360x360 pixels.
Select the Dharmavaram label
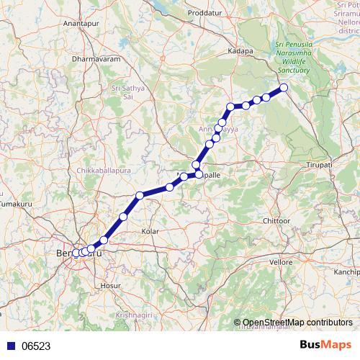point(96,58)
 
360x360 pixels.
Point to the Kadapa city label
point(240,52)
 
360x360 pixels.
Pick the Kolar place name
point(150,231)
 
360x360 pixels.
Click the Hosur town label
point(111,286)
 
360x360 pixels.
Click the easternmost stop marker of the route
point(284,88)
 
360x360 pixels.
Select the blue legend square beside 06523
point(9,346)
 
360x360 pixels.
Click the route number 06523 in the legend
point(36,346)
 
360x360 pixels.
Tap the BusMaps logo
point(327,345)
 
